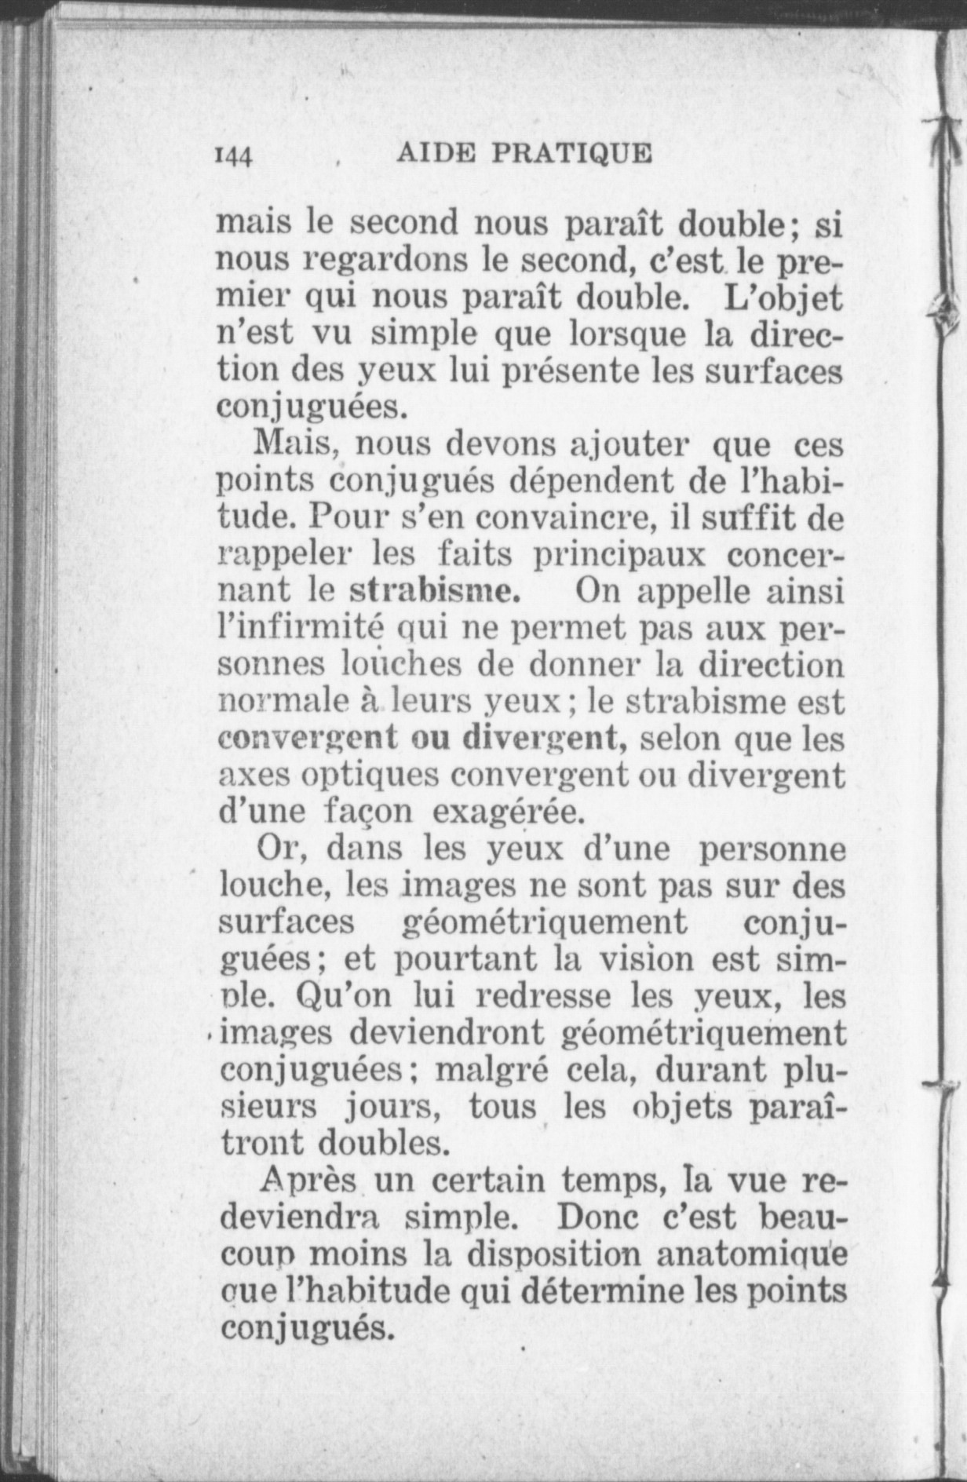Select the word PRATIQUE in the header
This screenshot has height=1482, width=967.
pyautogui.click(x=571, y=153)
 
